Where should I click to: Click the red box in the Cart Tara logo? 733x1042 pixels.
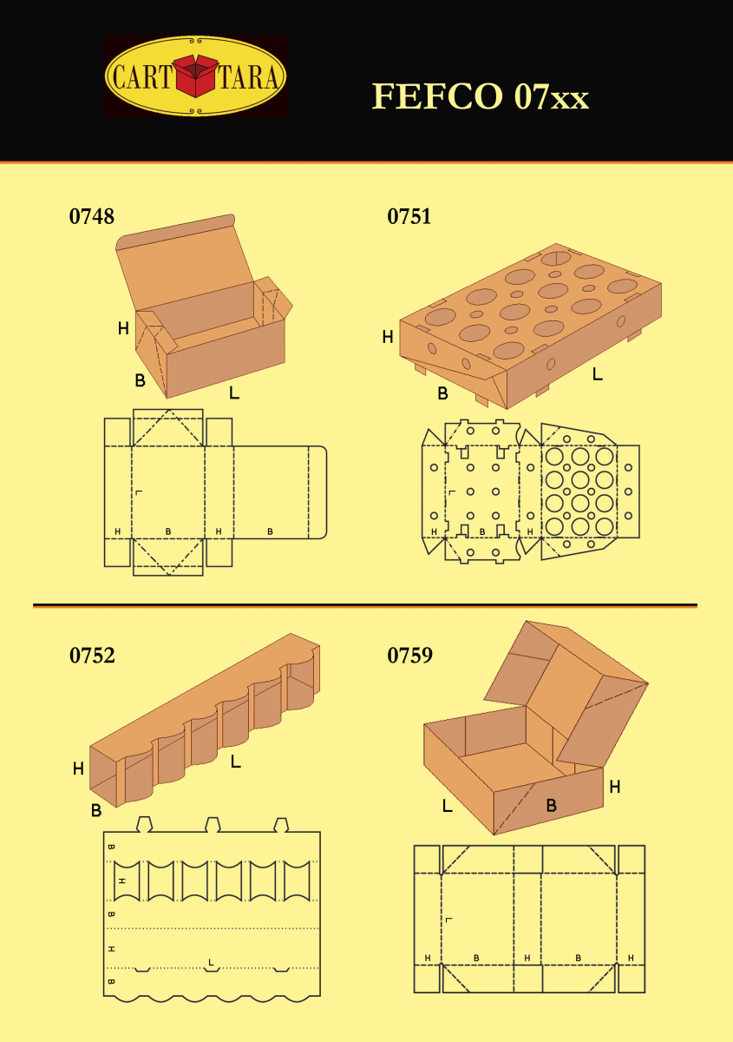point(196,76)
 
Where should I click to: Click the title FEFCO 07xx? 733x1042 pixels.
point(481,96)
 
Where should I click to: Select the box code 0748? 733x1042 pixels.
point(92,216)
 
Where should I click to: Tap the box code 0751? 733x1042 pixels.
point(409,216)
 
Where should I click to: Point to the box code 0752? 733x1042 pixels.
point(92,655)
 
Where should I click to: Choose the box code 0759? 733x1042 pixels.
point(410,655)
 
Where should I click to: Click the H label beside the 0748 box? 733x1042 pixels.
point(123,328)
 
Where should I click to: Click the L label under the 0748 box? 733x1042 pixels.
point(234,392)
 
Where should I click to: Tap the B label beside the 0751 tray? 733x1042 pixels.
point(442,393)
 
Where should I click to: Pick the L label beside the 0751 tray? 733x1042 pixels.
point(598,374)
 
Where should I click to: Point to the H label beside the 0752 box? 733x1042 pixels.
point(78,768)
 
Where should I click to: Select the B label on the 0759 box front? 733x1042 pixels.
point(551,805)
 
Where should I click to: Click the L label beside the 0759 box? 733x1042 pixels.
point(447,805)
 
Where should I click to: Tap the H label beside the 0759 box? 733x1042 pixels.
point(614,787)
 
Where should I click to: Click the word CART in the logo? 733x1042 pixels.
point(142,76)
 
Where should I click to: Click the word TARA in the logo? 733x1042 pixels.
point(249,76)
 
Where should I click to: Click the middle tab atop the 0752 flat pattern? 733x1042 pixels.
point(213,824)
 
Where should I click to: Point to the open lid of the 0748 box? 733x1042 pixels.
point(184,263)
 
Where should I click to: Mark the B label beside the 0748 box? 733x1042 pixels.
point(140,380)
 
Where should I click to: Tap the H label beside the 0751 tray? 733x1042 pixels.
point(388,336)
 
